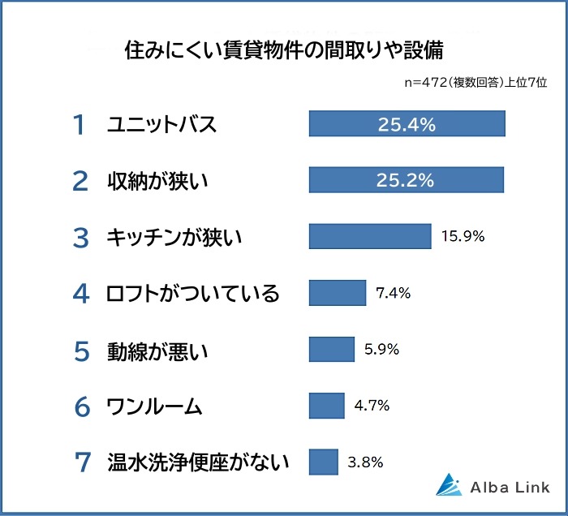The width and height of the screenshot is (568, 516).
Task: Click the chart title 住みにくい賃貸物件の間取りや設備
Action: pyautogui.click(x=284, y=51)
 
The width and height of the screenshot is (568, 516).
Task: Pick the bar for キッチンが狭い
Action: pyautogui.click(x=370, y=236)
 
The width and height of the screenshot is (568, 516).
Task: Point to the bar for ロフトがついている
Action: pyautogui.click(x=338, y=293)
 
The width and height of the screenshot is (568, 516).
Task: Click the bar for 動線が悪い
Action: pyautogui.click(x=332, y=349)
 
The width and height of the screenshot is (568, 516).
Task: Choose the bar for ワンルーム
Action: pyautogui.click(x=327, y=405)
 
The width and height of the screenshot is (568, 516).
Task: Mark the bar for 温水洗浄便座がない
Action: pyautogui.click(x=323, y=462)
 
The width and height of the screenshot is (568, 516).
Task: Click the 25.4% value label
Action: pyautogui.click(x=407, y=124)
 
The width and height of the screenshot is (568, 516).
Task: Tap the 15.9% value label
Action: pyautogui.click(x=463, y=237)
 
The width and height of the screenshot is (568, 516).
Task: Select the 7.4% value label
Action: pyautogui.click(x=394, y=293)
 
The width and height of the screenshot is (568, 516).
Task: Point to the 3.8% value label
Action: pyautogui.click(x=365, y=462)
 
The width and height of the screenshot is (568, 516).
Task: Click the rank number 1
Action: pyautogui.click(x=79, y=125)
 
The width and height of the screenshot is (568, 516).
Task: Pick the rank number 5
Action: pyautogui.click(x=80, y=350)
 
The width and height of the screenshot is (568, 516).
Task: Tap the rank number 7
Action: pyautogui.click(x=81, y=462)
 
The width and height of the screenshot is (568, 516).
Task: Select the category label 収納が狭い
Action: pyautogui.click(x=158, y=181)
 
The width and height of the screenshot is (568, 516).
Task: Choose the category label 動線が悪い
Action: pyautogui.click(x=158, y=350)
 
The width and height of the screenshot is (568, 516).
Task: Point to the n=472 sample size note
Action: pyautogui.click(x=475, y=83)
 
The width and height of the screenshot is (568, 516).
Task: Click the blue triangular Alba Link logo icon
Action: pyautogui.click(x=449, y=484)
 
